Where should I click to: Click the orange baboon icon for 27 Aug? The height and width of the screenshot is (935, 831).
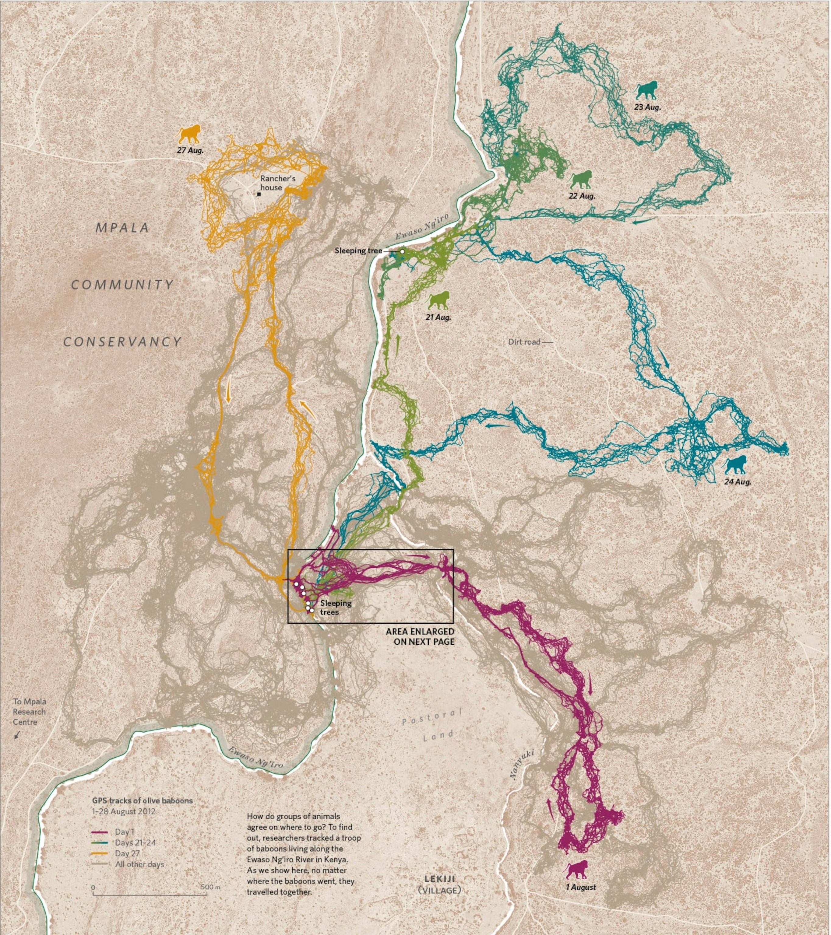pyautogui.click(x=189, y=134)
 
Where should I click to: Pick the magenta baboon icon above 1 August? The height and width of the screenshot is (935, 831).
pyautogui.click(x=577, y=869)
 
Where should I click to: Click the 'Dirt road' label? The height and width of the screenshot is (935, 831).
pyautogui.click(x=524, y=342)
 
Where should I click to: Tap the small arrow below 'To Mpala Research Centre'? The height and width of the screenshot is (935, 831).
pyautogui.click(x=17, y=735)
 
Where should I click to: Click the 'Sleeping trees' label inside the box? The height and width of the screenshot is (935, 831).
pyautogui.click(x=336, y=607)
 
